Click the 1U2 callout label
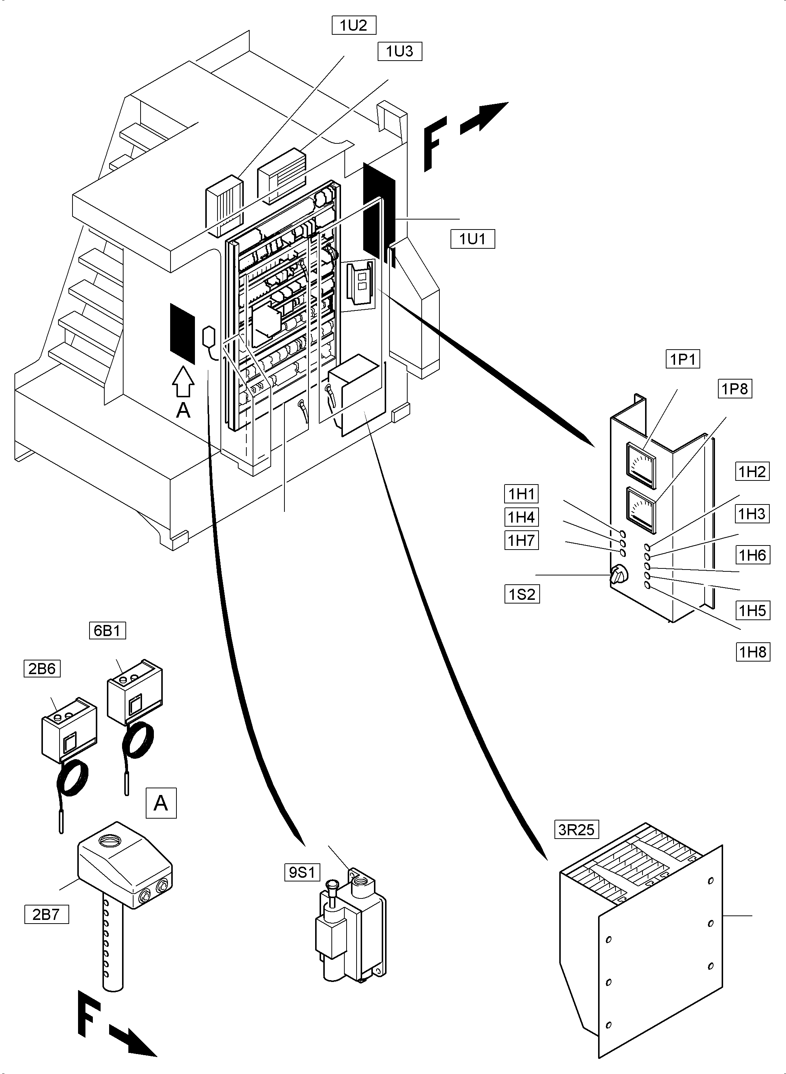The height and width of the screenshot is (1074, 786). point(354,26)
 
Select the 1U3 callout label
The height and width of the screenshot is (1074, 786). point(400,51)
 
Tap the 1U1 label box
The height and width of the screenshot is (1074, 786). point(472,239)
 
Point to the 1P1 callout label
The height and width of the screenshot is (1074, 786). point(683,360)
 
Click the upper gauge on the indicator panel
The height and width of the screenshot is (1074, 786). point(641,465)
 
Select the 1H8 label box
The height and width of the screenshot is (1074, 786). point(753,652)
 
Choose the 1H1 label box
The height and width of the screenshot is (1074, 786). point(522,494)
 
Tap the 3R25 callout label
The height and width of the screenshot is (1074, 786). point(576,830)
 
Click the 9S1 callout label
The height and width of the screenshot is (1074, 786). point(303,873)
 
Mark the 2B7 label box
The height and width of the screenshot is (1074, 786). point(46,915)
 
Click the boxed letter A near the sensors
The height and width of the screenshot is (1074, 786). point(161,803)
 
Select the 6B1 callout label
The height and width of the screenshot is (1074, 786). point(108,631)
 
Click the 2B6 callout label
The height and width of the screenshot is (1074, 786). point(42,669)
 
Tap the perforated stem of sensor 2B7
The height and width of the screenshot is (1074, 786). point(113,946)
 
